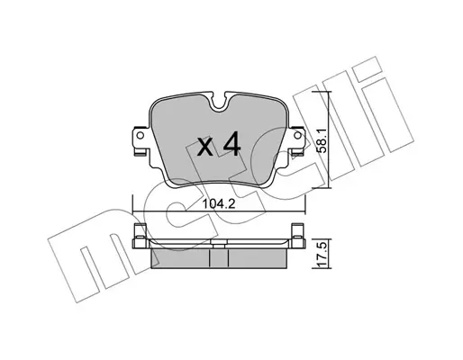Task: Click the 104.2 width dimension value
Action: click(218, 204)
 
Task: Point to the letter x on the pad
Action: click(205, 147)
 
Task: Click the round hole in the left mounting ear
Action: click(141, 136)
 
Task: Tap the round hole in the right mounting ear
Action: click(297, 136)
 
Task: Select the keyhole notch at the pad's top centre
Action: click(219, 102)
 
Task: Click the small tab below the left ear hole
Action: click(140, 154)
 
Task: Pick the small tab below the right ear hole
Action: click(297, 154)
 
